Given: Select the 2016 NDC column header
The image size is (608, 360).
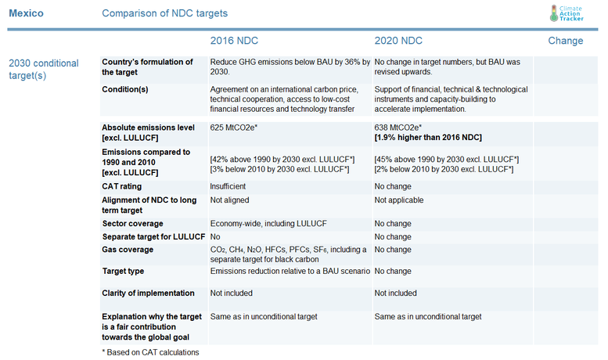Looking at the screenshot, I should click(235, 41).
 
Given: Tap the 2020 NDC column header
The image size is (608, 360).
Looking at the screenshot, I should click(398, 41).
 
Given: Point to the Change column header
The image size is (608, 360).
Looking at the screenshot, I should click(565, 41).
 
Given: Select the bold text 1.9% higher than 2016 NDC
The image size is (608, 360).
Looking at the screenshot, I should click(428, 137).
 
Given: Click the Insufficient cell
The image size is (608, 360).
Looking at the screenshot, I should click(228, 186).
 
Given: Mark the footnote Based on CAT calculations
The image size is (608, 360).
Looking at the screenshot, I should click(150, 352).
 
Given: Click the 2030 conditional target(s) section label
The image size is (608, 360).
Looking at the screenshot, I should click(43, 70).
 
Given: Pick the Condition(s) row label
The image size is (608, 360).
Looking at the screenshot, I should click(126, 89).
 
